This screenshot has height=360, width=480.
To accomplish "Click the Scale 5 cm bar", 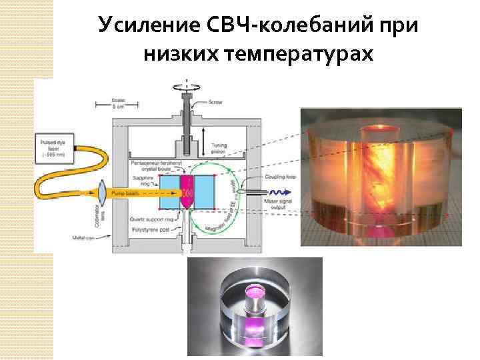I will tap(117, 105).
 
